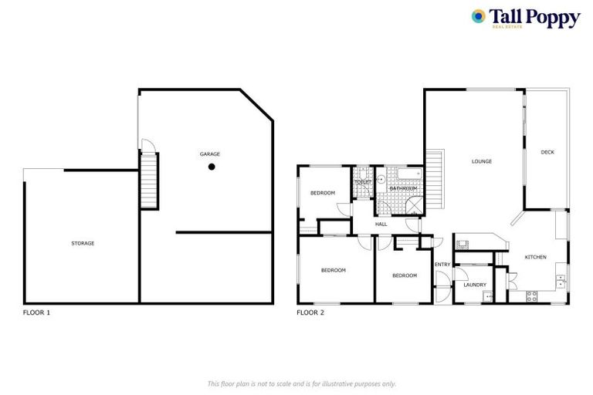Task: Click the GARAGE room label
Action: (210, 154)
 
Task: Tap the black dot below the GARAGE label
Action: (211, 166)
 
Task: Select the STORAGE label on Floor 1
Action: (83, 243)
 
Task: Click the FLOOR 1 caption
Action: (36, 313)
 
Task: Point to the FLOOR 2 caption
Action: (310, 313)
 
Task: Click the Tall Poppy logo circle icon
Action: (479, 16)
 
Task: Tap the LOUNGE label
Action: (482, 161)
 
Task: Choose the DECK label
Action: (547, 152)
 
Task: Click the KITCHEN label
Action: (536, 257)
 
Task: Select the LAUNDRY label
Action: (475, 285)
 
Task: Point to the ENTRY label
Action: (442, 265)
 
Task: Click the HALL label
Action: (381, 225)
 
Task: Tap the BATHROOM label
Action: (403, 188)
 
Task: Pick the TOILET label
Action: (363, 182)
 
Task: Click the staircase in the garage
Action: (148, 181)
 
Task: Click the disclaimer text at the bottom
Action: (302, 383)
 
